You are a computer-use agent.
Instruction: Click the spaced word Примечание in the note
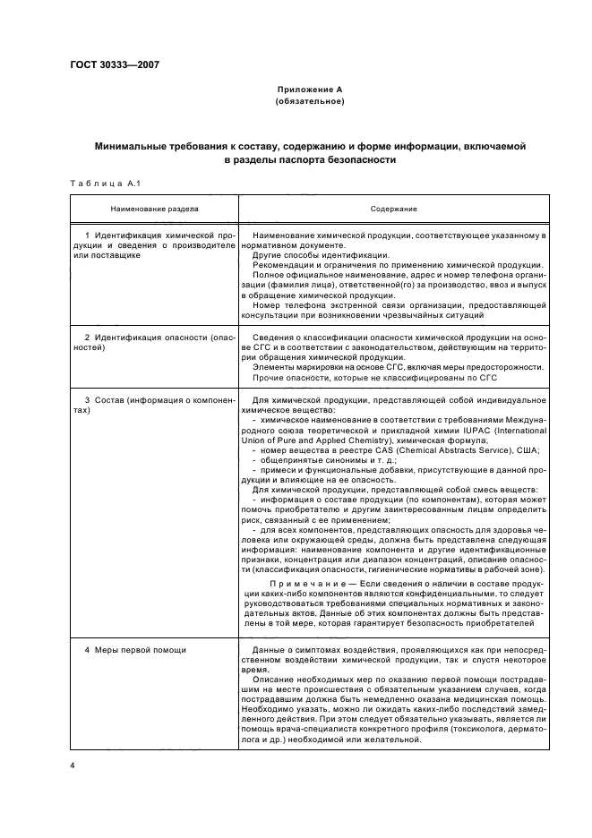coord(309,585)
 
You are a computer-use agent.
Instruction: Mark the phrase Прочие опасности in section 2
coord(286,377)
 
